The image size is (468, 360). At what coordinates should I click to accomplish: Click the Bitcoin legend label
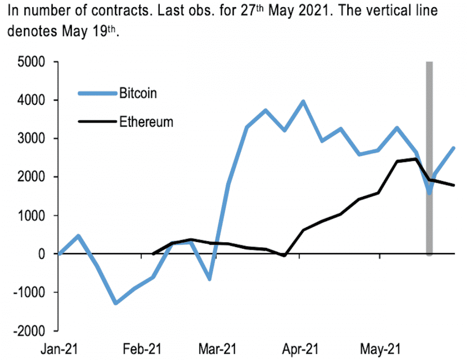(x=138, y=93)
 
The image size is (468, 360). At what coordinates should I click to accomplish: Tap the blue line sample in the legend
(x=97, y=93)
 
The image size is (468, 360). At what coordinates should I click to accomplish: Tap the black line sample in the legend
(x=97, y=122)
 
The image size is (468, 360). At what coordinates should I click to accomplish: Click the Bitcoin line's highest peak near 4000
(x=303, y=102)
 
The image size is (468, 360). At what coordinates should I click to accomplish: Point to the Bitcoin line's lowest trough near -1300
(x=116, y=303)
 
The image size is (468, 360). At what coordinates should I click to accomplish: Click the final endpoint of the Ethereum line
(x=454, y=185)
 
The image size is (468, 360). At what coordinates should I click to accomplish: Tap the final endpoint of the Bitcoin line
(x=454, y=148)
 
